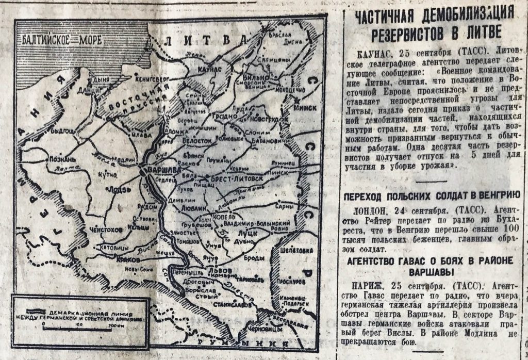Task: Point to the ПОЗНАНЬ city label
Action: [x=62, y=159]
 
